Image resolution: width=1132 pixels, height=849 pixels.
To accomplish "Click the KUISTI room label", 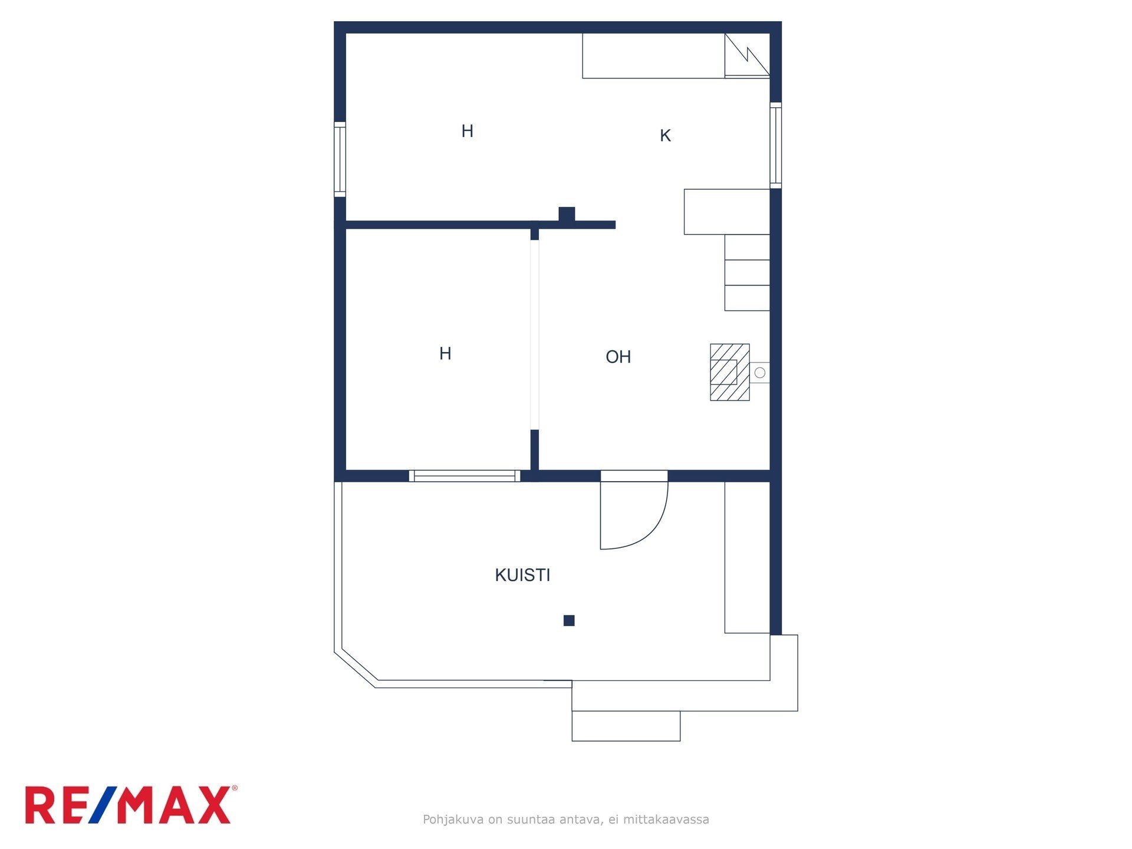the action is coord(522,575).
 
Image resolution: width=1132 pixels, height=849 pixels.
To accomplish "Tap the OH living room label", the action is coord(618,357).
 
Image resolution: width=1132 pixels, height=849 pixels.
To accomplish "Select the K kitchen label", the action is coord(665,136).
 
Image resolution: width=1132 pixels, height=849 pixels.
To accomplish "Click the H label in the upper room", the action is coord(467,131).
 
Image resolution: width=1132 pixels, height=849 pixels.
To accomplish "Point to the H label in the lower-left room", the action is coord(445,353).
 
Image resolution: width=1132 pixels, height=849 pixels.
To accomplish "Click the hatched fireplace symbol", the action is coord(730,372).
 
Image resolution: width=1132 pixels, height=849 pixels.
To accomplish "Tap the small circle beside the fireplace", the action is coord(760,373).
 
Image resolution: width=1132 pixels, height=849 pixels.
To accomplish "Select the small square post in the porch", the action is coord(569,620).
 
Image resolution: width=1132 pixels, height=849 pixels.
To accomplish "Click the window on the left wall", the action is coord(340,159).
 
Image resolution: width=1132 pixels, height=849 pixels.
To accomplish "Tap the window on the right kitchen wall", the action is coord(776,145).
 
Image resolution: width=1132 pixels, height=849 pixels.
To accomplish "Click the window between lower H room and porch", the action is coord(465,476).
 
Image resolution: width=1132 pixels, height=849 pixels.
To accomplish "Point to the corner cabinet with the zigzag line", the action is coord(747,55).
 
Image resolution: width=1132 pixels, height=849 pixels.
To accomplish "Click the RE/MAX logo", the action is coord(131,804).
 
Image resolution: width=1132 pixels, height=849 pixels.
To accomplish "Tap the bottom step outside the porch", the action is coord(626,726).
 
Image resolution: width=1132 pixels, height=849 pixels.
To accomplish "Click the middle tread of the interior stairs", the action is coord(747,272).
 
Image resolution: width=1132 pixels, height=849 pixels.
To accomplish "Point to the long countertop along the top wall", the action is coord(653,55).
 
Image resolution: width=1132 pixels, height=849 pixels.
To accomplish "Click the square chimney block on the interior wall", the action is coord(567,214).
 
